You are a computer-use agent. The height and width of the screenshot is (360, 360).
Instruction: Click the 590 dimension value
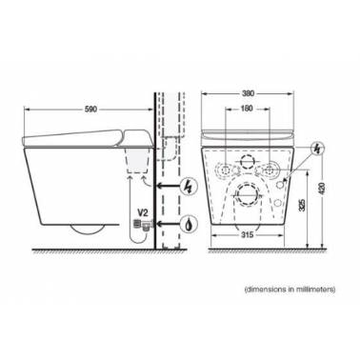[90, 110]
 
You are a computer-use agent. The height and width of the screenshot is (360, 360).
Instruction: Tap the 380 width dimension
[248, 93]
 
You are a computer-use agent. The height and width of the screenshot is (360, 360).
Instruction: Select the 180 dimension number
[247, 109]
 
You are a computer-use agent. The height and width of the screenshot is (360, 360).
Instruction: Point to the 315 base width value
[248, 235]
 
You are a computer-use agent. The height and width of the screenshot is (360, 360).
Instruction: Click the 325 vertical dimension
[302, 206]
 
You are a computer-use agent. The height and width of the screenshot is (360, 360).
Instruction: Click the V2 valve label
[142, 212]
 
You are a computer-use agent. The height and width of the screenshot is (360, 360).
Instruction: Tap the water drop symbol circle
[190, 224]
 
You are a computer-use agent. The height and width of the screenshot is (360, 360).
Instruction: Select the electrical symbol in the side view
[190, 186]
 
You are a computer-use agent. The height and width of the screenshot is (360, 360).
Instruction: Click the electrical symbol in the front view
[316, 150]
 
